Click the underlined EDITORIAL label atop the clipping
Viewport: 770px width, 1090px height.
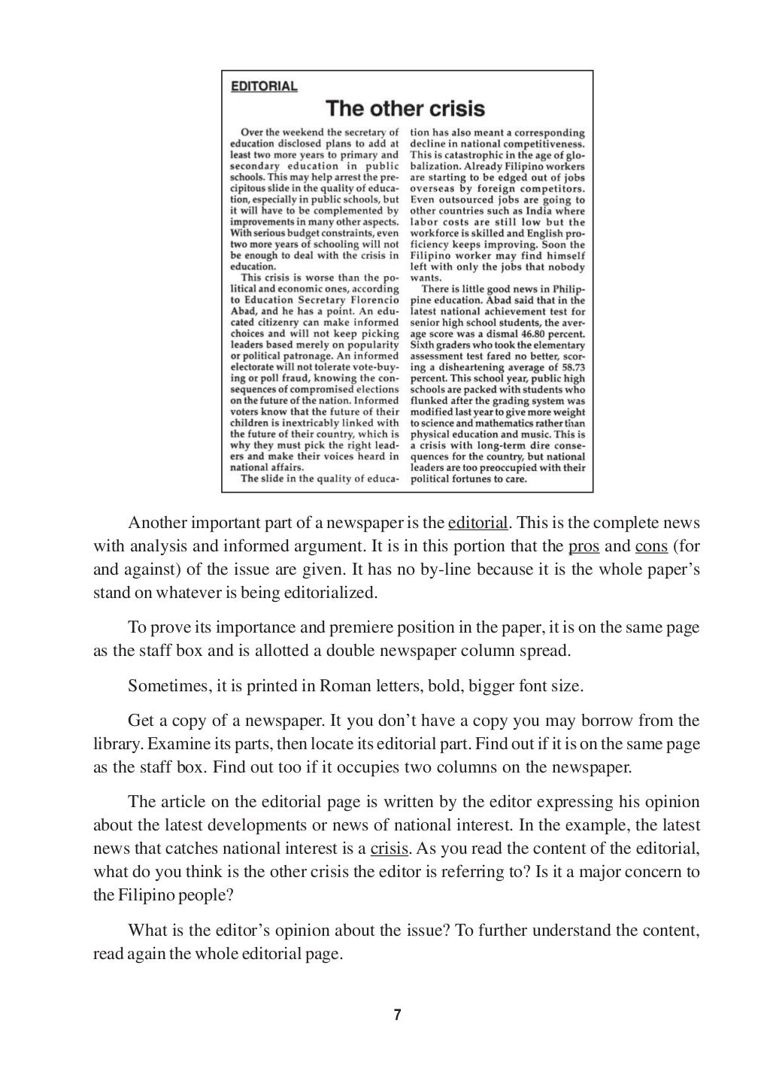pos(263,86)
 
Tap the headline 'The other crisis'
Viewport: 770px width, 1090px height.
pos(405,109)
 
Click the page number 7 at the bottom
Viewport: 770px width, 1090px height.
pos(397,1015)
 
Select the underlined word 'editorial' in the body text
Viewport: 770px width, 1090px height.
pos(477,523)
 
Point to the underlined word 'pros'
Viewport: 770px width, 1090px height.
pos(584,546)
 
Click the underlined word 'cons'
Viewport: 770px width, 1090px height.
pos(651,546)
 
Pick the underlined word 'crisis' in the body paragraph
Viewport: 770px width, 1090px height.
pos(389,849)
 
